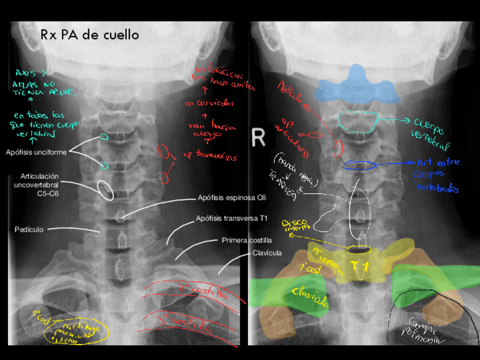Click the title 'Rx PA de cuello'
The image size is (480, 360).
pyautogui.click(x=89, y=35)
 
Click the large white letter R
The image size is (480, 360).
pyautogui.click(x=258, y=136)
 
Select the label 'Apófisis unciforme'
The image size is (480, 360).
pyautogui.click(x=37, y=152)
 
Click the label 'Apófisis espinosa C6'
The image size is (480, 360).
pyautogui.click(x=232, y=198)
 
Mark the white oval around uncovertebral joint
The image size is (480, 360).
pyautogui.click(x=105, y=190)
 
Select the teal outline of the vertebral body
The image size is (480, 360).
pyautogui.click(x=358, y=121)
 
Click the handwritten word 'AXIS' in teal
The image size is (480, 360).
pyautogui.click(x=26, y=73)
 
